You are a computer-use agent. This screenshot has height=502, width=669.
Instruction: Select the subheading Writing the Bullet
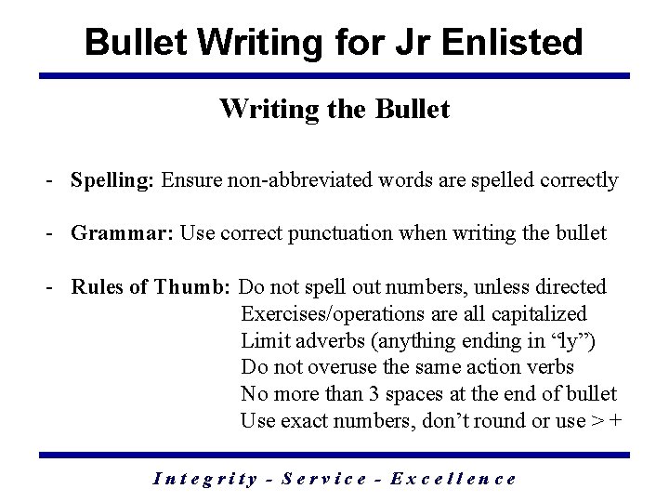click(x=334, y=109)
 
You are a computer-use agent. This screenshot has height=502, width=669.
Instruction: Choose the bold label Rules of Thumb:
click(x=151, y=287)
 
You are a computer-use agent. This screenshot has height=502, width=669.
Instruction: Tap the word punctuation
click(x=352, y=233)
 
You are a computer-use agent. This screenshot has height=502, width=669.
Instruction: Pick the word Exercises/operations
click(x=330, y=314)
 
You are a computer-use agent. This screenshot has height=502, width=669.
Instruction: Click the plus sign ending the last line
click(x=615, y=421)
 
